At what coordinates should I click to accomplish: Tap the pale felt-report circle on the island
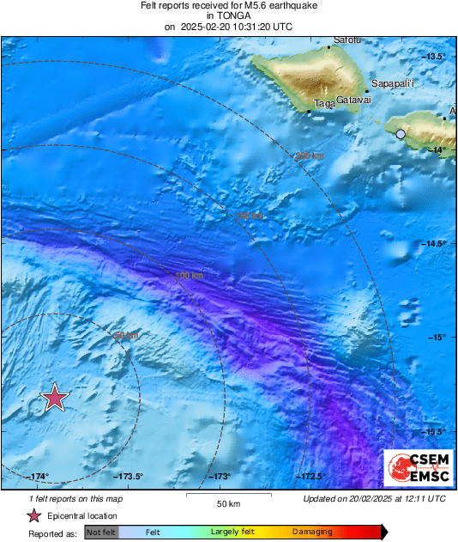point(401,134)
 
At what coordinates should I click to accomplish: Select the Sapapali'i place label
point(393,83)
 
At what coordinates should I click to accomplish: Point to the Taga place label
point(324,103)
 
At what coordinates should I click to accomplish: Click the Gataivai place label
point(353,100)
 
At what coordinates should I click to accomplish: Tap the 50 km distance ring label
point(126,336)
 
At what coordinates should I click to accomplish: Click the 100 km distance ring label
point(189,276)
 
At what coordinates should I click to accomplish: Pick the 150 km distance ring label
point(249,216)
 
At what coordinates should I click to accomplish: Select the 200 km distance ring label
point(310,156)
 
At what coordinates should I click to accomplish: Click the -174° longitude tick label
point(38,476)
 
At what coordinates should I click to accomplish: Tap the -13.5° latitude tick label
point(436,57)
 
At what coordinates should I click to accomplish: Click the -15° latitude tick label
point(437,338)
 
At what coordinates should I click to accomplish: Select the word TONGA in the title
point(227,15)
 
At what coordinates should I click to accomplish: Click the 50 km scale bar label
point(227,503)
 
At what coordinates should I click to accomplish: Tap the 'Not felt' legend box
point(101,533)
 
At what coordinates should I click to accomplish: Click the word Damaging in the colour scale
point(312,533)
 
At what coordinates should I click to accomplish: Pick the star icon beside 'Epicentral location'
point(33,515)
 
